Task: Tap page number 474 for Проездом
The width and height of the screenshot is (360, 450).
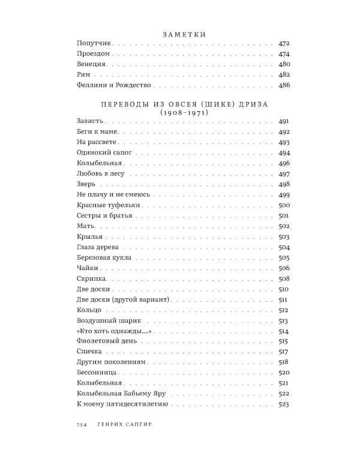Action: tap(284, 54)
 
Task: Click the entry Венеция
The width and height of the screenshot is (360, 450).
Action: tap(92, 64)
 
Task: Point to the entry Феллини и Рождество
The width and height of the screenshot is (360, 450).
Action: tap(113, 85)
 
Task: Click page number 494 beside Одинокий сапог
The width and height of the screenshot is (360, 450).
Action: tap(284, 152)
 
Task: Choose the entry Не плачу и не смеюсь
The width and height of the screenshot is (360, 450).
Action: tap(113, 194)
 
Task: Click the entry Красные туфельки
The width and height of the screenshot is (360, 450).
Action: tap(108, 205)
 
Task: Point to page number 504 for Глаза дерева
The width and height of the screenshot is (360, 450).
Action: tap(284, 247)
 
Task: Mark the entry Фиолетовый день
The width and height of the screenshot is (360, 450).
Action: tap(103, 341)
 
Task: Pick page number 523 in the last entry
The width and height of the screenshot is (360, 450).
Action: tap(284, 404)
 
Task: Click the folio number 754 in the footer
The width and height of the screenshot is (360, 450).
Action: tap(83, 425)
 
